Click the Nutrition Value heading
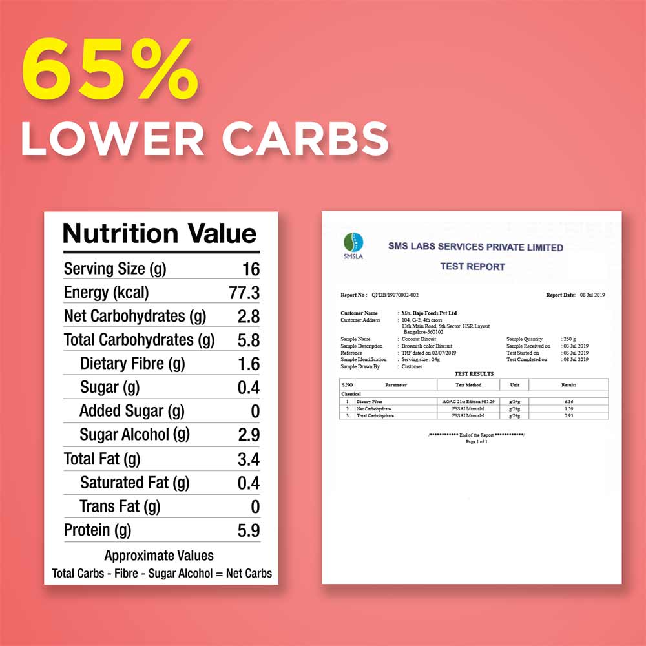coord(160,233)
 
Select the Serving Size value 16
coord(251,269)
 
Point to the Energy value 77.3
coord(244,293)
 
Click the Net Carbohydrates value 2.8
coord(248,317)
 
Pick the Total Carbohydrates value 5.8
coord(248,340)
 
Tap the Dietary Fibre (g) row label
coord(132,364)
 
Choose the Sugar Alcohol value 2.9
coord(248,435)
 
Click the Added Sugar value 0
coord(255,412)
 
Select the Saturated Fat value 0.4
coord(248,483)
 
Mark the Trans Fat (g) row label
coord(120,506)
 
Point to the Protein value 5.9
coord(248,530)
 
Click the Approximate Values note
coord(159,556)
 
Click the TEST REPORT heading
coord(472,266)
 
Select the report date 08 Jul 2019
coord(592,295)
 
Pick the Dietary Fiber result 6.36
coord(568,401)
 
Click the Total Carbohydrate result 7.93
coord(568,415)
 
